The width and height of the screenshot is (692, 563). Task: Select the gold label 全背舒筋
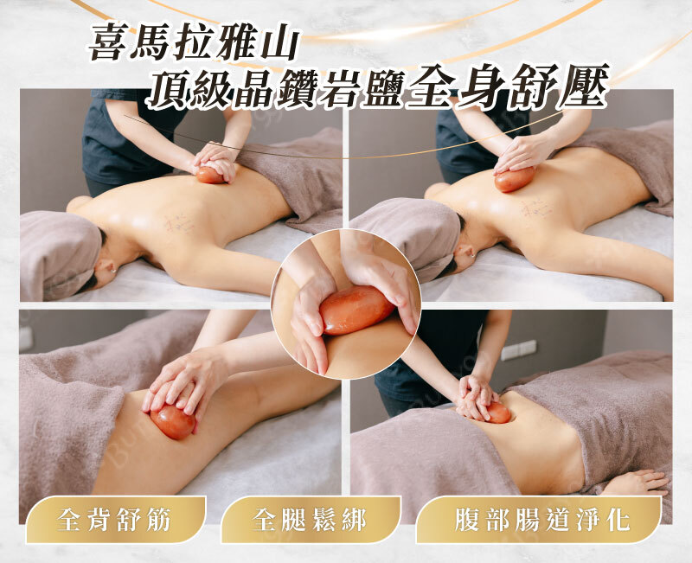click(x=115, y=520)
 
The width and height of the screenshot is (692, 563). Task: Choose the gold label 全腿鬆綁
click(x=310, y=520)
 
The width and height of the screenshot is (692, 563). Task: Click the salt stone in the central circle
click(x=356, y=310)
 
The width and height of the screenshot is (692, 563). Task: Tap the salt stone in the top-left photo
click(x=210, y=176)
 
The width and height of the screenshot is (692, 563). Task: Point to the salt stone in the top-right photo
click(x=515, y=180)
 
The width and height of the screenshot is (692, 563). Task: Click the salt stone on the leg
click(x=172, y=422)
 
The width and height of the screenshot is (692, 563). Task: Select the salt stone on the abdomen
click(x=498, y=413)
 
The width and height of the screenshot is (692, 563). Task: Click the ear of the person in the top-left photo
click(x=106, y=266)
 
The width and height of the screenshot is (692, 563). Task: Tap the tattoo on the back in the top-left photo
click(x=179, y=224)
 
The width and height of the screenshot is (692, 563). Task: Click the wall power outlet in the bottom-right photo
click(x=519, y=350)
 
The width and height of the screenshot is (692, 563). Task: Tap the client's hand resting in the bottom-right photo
click(x=636, y=483)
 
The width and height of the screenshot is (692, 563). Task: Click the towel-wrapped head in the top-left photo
click(x=61, y=255)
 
